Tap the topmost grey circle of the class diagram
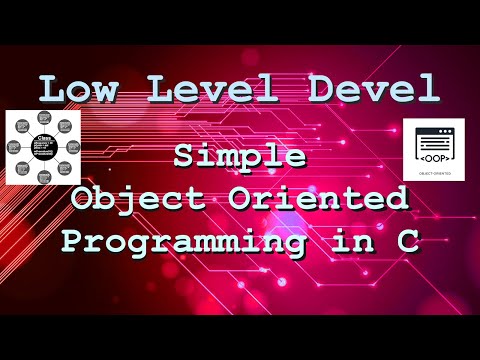(x=44, y=121)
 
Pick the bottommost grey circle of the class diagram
(x=44, y=178)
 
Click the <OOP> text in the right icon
(x=435, y=156)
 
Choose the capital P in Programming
(x=71, y=241)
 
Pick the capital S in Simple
(x=183, y=157)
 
